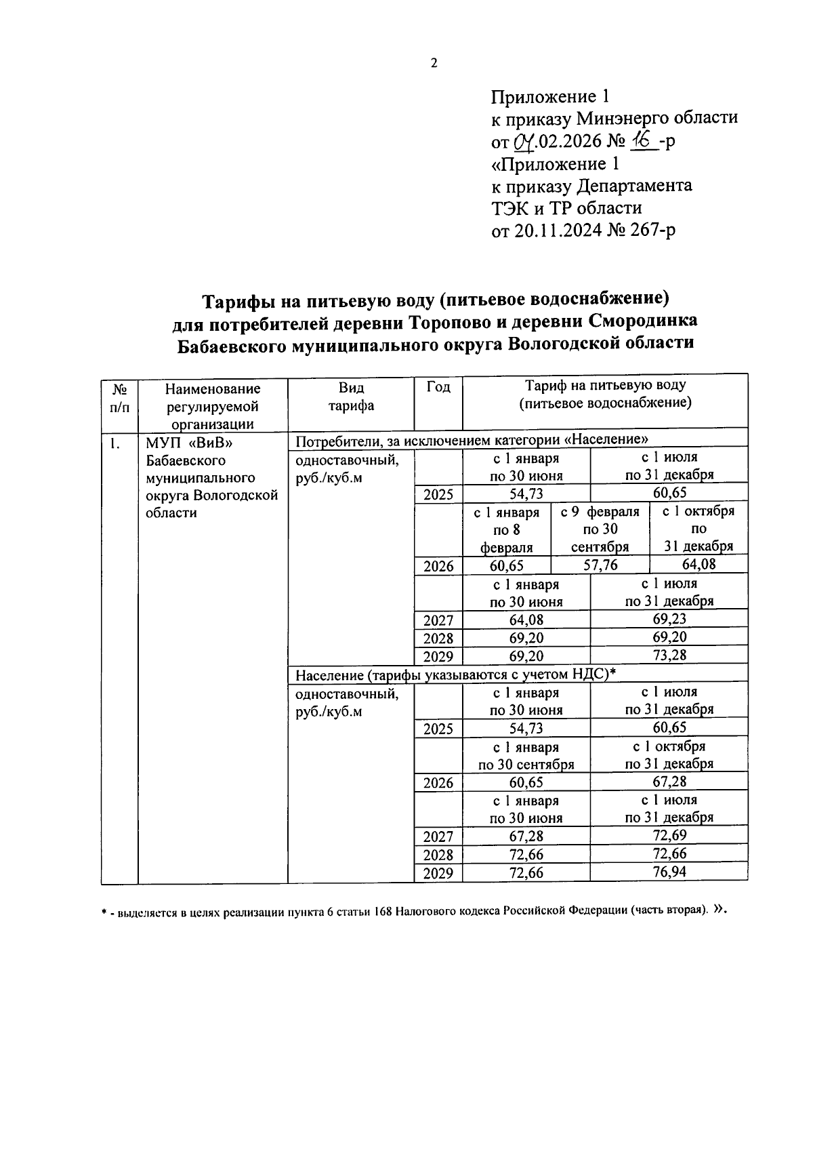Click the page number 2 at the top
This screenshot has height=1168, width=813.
434,63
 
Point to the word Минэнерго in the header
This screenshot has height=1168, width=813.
623,118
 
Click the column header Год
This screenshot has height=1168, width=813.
438,387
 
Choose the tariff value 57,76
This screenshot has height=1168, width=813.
600,565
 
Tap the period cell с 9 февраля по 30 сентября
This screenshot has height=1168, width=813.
600,529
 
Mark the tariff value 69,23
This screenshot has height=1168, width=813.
669,619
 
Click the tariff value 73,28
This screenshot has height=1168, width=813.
669,655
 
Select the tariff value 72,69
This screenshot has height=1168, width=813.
669,835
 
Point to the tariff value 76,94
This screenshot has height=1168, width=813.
669,872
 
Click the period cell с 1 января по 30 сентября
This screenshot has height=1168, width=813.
526,755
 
